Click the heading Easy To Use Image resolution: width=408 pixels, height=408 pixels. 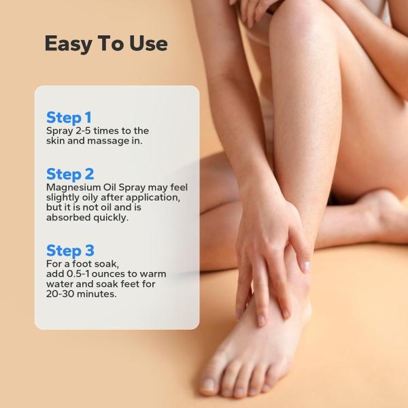pos(105,44)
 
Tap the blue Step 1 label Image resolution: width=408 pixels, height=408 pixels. pos(69,117)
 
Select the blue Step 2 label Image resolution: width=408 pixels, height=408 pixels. pos(70,174)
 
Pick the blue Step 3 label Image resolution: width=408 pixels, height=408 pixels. pos(70,250)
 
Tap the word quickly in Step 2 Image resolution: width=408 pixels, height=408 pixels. pos(113,218)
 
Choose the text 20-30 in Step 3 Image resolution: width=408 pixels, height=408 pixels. pos(61,294)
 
